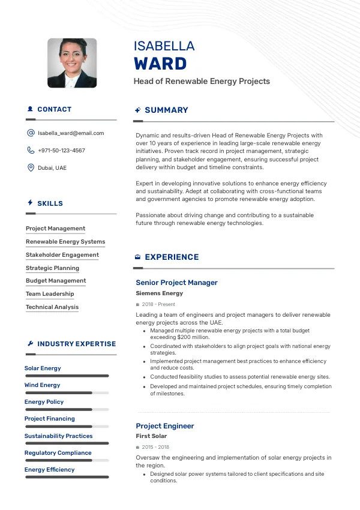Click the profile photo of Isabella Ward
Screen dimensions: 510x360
coord(72,63)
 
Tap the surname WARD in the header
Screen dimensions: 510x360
coord(160,64)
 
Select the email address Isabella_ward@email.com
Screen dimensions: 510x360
coord(71,133)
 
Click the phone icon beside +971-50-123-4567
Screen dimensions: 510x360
coord(31,151)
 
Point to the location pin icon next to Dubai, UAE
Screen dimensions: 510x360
coord(31,168)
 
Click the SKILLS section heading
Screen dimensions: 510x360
coord(50,203)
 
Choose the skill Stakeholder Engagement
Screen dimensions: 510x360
coord(62,255)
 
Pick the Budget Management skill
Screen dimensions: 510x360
coord(56,281)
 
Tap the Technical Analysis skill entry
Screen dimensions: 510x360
coord(52,307)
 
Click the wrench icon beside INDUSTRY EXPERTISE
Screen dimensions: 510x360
coord(31,344)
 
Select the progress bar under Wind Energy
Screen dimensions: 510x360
coord(67,393)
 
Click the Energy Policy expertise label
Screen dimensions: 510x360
coord(44,402)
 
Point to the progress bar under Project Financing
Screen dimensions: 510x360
coord(67,427)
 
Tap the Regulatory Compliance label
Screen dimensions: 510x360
coord(58,453)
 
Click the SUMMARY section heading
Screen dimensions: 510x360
coord(166,110)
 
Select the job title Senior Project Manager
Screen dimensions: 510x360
coord(176,283)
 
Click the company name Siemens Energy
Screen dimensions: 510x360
coord(160,293)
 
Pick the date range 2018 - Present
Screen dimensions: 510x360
coord(158,305)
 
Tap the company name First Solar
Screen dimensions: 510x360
coord(151,436)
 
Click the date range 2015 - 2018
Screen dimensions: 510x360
coord(155,448)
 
